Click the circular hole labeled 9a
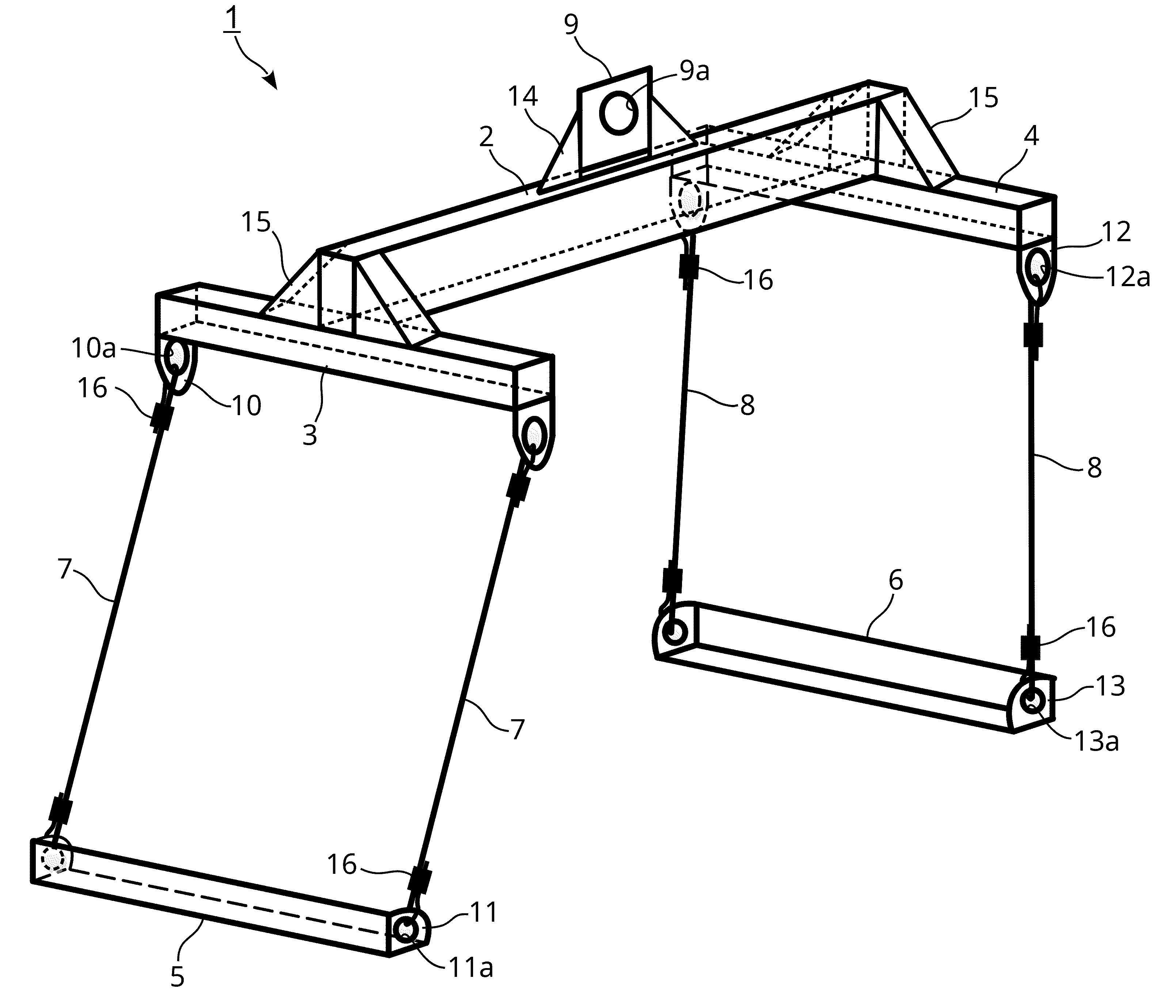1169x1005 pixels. tap(619, 113)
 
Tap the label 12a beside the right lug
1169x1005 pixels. tap(1127, 278)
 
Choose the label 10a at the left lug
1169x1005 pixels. tap(94, 348)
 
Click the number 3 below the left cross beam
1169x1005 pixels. tap(310, 435)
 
